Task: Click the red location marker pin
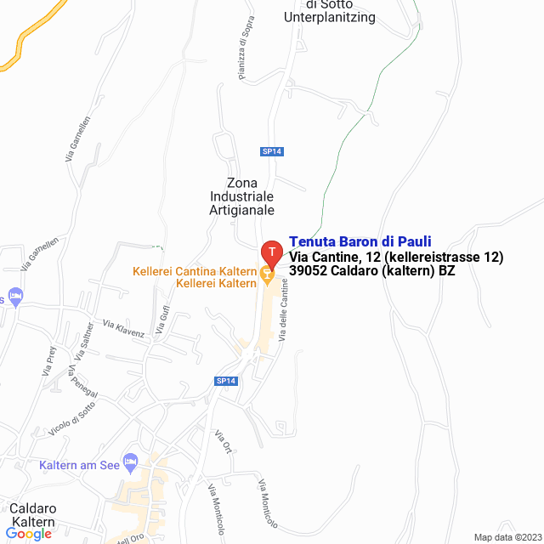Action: [271, 252]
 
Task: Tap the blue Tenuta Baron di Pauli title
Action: [360, 241]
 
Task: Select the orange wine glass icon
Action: [266, 273]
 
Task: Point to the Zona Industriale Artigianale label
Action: [241, 196]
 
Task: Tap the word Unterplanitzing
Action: [329, 17]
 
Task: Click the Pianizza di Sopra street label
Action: [246, 52]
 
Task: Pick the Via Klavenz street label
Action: [123, 329]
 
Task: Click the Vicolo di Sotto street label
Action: [71, 418]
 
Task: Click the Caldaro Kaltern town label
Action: [32, 515]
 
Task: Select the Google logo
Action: [29, 534]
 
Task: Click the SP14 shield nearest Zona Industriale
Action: [271, 151]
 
